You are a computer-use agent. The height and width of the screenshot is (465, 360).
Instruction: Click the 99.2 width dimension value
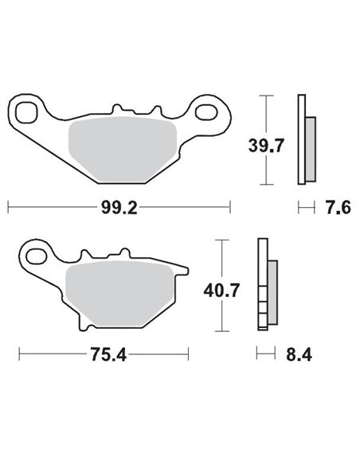[x=119, y=208]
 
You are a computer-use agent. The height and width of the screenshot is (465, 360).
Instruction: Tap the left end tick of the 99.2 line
[x=8, y=208]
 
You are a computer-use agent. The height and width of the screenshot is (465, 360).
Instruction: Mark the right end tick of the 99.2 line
[x=229, y=208]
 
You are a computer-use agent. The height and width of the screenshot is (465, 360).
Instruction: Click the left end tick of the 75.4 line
[x=20, y=353]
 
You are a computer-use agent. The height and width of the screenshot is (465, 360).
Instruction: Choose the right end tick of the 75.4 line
[x=189, y=353]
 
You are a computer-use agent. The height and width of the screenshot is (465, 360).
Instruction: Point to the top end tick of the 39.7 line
[x=266, y=96]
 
